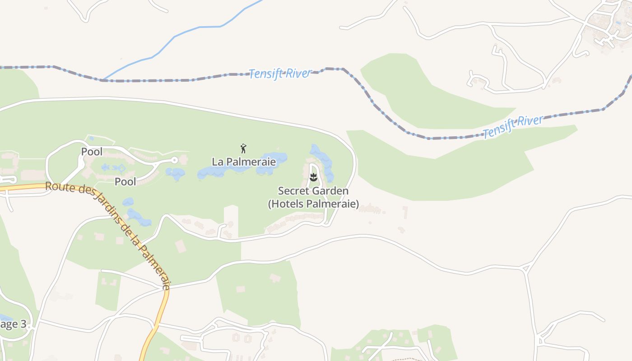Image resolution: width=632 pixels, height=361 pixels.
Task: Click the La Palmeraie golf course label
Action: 243,161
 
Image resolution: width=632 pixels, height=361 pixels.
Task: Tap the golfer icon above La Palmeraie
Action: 244,148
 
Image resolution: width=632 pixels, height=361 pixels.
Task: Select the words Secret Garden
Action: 313,191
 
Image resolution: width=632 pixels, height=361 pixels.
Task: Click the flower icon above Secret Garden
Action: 313,177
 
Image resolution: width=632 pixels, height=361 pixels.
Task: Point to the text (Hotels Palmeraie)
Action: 313,204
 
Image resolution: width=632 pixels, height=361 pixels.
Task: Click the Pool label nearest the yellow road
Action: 125,181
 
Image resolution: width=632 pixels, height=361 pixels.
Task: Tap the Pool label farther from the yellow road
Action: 92,152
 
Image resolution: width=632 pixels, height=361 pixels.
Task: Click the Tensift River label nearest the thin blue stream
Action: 280,74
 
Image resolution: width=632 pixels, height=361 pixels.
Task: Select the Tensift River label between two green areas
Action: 513,126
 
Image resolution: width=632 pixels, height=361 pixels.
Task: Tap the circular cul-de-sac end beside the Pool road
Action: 175,160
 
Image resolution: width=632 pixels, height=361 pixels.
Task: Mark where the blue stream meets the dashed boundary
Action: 102,80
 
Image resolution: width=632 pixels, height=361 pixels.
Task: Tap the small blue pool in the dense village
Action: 618,22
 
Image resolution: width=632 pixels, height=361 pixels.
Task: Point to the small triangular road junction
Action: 525,269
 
